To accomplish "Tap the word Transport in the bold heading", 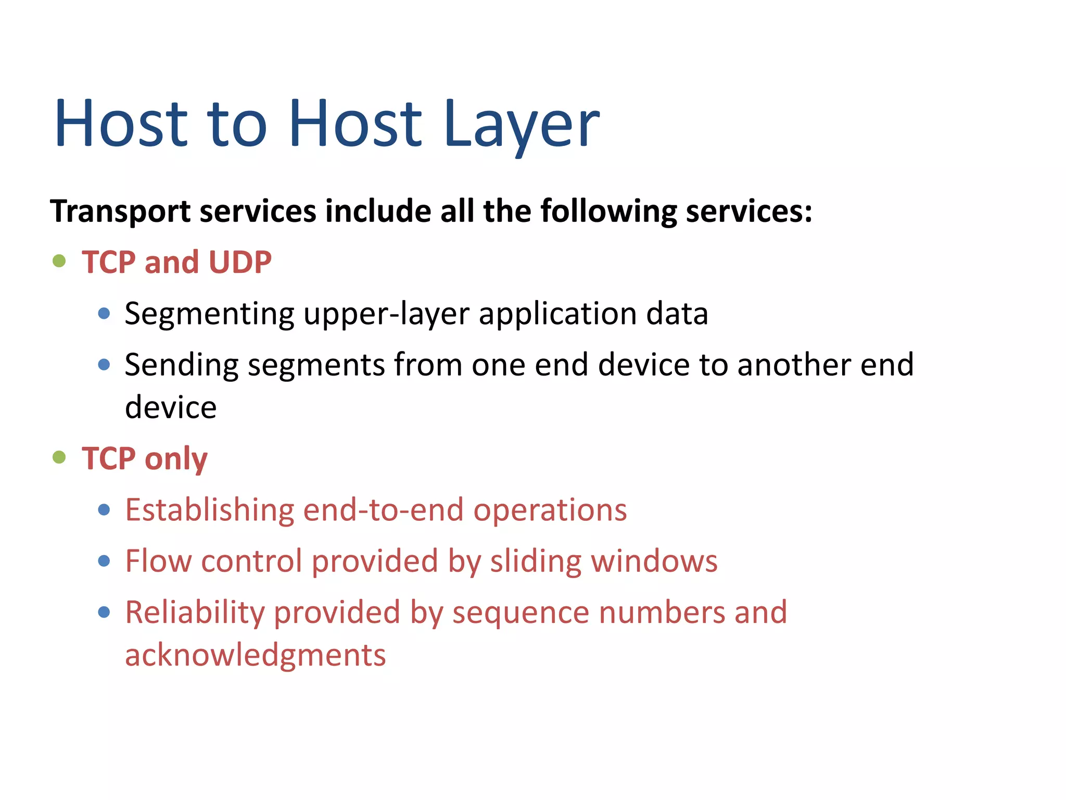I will [x=121, y=212].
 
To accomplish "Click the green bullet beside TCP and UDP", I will [x=59, y=260].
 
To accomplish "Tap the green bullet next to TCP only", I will [x=59, y=457].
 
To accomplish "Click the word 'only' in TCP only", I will [x=176, y=459].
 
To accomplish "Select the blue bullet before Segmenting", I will [x=104, y=313].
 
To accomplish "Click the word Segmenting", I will [x=210, y=315].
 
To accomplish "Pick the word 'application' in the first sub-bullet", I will [x=557, y=315].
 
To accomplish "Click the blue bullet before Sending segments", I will [x=104, y=364].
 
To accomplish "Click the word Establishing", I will [x=209, y=510].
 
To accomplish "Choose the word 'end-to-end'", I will [x=383, y=510].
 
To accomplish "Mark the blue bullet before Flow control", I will [x=104, y=560].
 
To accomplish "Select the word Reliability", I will [x=195, y=612].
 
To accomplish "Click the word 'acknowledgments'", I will [x=256, y=655].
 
